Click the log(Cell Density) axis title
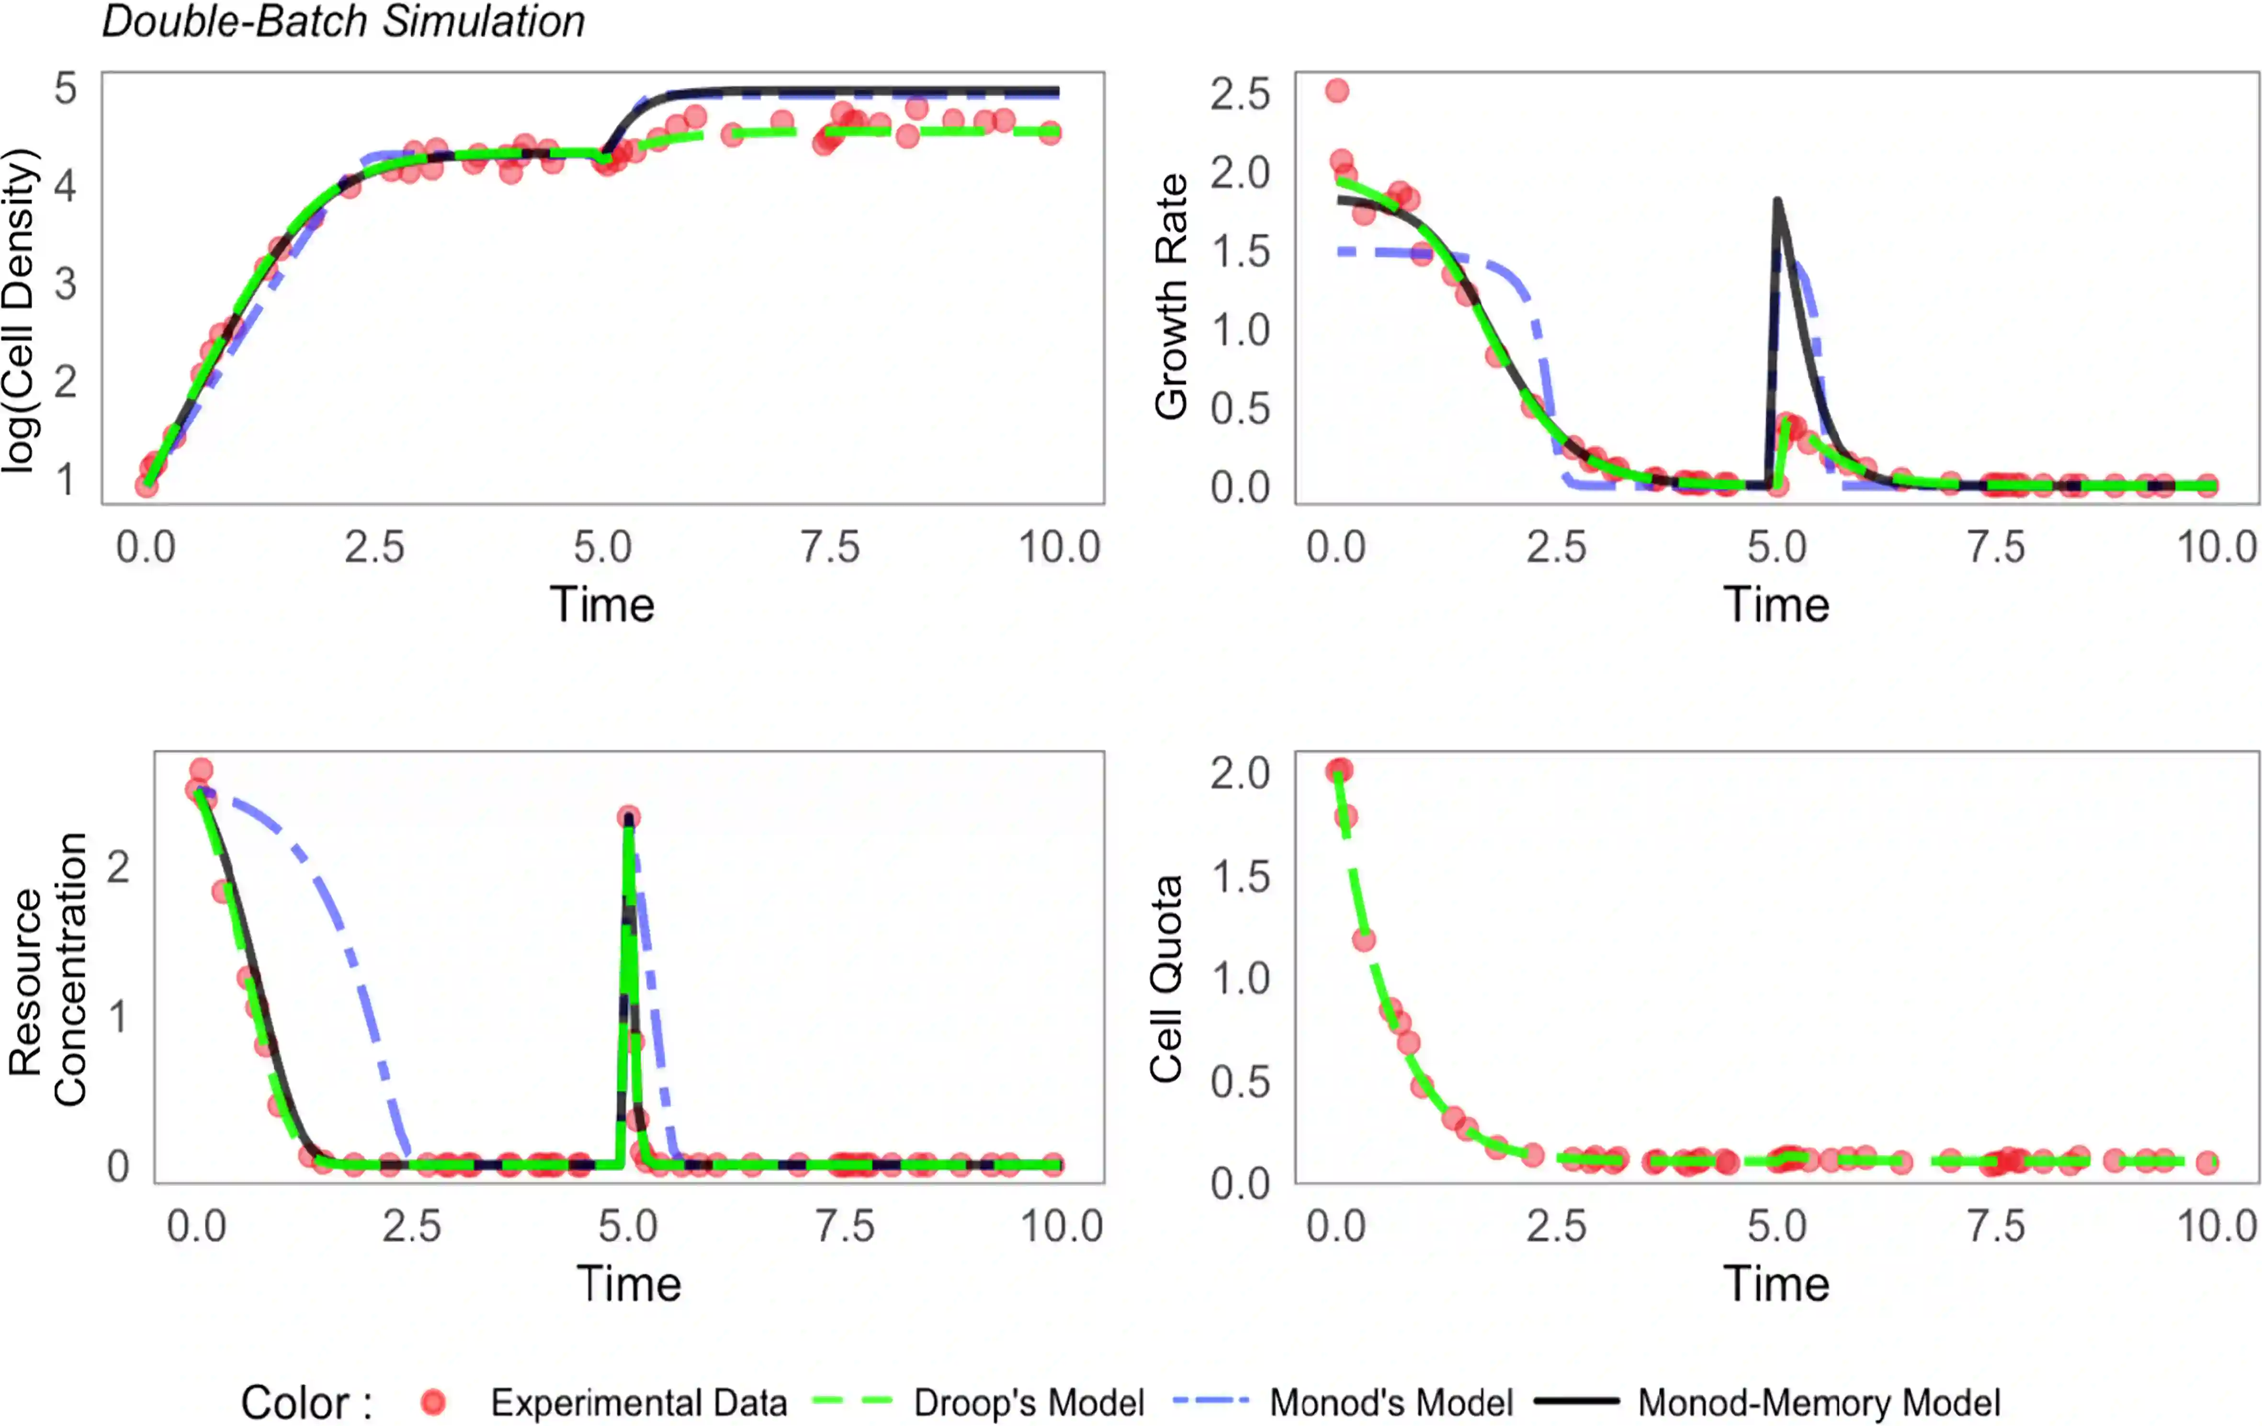pyautogui.click(x=21, y=310)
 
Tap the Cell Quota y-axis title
pyautogui.click(x=1167, y=979)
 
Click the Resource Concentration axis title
pyautogui.click(x=47, y=970)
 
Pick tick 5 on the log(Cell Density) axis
pyautogui.click(x=66, y=89)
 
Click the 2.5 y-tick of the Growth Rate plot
pyautogui.click(x=1240, y=95)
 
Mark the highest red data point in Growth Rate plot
pyautogui.click(x=1338, y=91)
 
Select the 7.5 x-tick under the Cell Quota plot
pyautogui.click(x=1997, y=1227)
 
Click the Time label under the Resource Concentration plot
pyautogui.click(x=628, y=1284)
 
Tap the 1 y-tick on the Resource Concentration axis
pyautogui.click(x=118, y=1017)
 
